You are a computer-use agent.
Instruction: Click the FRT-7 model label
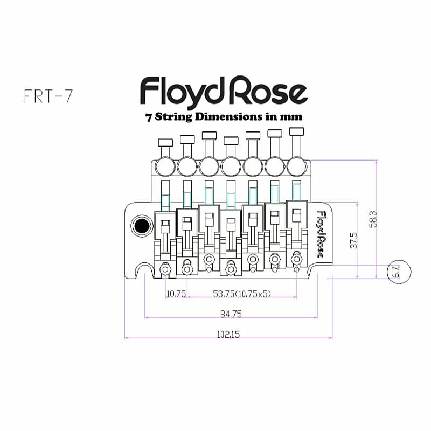click(x=48, y=95)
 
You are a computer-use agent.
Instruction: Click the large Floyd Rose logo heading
click(x=224, y=91)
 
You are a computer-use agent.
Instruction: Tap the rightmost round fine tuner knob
click(x=297, y=166)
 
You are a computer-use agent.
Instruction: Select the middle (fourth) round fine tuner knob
click(x=231, y=167)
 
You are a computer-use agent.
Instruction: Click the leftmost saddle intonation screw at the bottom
click(x=165, y=268)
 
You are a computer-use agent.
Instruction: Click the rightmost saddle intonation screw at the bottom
click(x=296, y=259)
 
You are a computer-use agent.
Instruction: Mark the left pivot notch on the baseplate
click(x=144, y=271)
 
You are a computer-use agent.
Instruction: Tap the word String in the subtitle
click(x=173, y=116)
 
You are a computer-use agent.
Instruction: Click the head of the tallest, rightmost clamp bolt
click(x=297, y=131)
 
